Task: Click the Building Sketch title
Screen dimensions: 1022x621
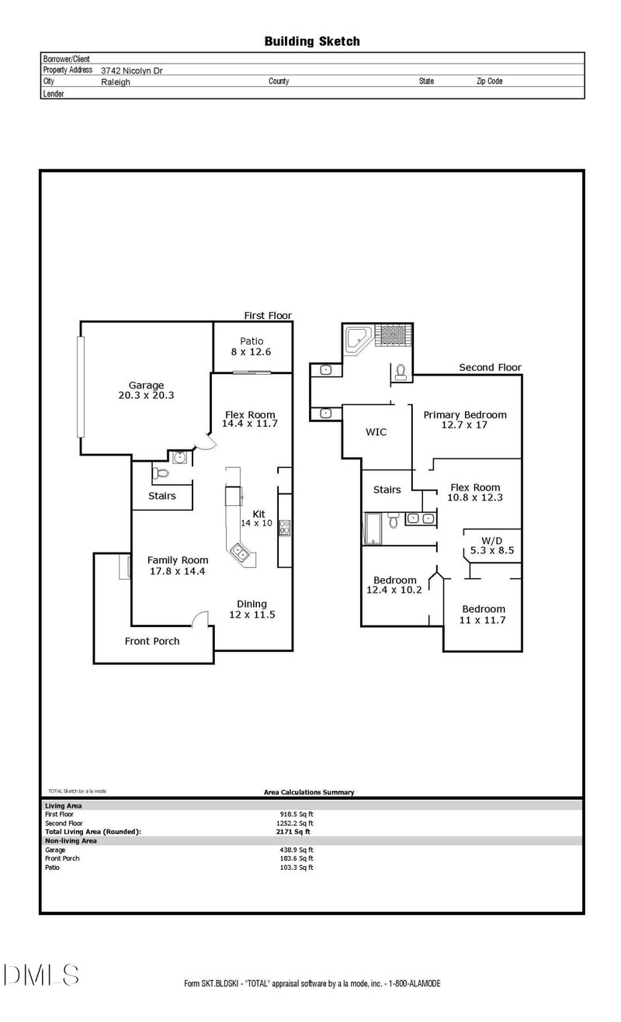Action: (312, 41)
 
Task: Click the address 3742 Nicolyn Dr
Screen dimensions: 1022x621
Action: (132, 70)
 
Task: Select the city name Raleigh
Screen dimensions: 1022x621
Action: (116, 81)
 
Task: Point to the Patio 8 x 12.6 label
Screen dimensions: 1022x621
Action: (252, 346)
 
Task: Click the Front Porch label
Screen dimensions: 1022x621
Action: (152, 641)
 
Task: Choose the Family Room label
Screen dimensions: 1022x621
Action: (178, 565)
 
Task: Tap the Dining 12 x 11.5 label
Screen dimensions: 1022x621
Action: (252, 609)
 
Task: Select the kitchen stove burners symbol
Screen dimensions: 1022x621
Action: (285, 528)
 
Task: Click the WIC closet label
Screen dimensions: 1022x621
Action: (376, 431)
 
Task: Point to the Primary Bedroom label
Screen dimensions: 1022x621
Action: (464, 420)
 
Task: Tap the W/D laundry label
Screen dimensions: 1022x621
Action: (492, 545)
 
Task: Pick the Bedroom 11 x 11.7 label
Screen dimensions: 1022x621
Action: (484, 615)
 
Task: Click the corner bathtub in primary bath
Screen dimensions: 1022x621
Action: (357, 339)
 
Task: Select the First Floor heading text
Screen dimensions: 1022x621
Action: (268, 316)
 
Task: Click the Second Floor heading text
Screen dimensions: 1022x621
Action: (490, 368)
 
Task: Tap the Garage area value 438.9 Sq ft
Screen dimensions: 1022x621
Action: (290, 850)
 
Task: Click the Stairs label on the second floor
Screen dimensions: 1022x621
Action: (387, 490)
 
